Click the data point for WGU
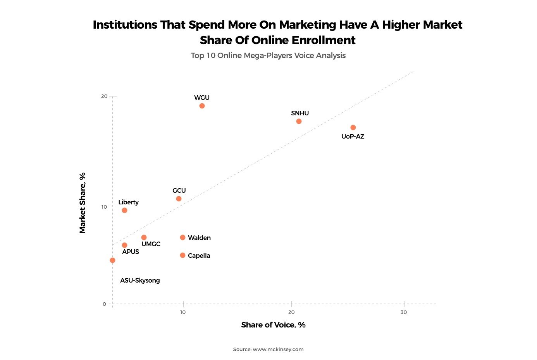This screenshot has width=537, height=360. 202,106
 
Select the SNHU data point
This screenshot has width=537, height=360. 299,122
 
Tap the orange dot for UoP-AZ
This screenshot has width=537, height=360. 353,128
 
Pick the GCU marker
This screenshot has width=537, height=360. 179,199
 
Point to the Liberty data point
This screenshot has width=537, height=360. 124,211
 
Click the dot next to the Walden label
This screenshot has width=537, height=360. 182,238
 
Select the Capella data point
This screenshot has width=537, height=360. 182,255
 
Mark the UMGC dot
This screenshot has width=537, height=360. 144,238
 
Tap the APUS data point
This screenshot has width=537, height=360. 124,245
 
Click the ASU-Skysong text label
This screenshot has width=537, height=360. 140,280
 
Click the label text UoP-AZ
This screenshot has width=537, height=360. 353,137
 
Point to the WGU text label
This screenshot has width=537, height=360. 202,98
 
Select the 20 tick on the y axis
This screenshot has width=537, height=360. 104,96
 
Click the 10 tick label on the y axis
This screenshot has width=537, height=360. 104,207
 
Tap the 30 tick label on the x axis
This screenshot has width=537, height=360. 404,312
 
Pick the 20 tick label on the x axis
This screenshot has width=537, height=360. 291,312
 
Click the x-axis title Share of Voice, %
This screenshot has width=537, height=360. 273,325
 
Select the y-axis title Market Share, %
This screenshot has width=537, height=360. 82,203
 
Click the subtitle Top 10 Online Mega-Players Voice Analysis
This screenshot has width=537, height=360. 268,55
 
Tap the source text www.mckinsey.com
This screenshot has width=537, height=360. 278,350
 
